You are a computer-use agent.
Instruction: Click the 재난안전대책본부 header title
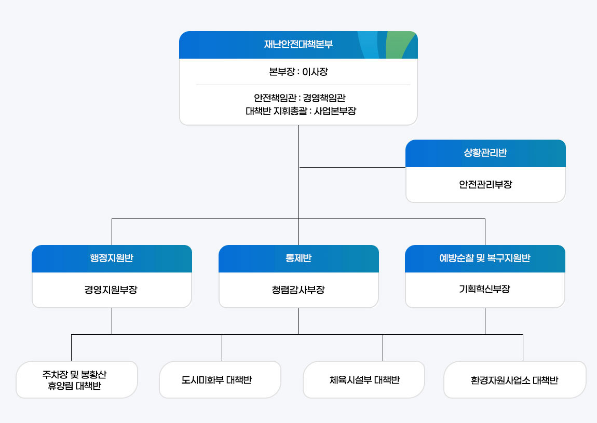(298, 45)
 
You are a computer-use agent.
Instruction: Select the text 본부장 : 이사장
(298, 72)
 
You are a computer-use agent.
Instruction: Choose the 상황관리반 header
(485, 153)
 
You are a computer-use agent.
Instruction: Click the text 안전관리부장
(485, 184)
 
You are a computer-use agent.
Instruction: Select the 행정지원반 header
(112, 258)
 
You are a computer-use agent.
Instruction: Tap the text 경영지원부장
(111, 290)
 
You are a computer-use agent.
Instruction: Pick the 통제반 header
(298, 258)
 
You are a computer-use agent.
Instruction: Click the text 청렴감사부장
(298, 290)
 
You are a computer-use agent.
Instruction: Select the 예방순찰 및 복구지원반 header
(484, 258)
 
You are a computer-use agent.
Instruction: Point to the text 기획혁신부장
(484, 290)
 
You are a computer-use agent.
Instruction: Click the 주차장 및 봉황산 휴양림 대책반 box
(77, 380)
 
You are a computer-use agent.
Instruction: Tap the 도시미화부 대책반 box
(220, 380)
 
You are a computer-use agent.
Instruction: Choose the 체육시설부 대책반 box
(364, 380)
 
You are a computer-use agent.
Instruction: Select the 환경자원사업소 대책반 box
(514, 380)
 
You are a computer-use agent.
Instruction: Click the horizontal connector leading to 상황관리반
(353, 168)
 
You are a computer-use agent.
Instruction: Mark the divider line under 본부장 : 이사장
(303, 85)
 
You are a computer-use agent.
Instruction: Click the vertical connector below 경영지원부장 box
(112, 322)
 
